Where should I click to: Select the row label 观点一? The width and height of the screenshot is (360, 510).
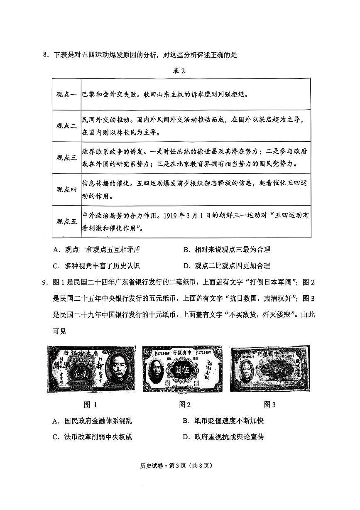tap(66, 94)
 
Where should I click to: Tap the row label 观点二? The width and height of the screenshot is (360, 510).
tap(66, 126)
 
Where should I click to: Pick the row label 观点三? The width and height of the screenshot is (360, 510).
tap(66, 157)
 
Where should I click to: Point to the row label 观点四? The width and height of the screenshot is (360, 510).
tap(66, 189)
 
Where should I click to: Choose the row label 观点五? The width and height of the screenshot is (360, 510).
tap(66, 221)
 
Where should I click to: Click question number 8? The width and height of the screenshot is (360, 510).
tap(46, 54)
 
